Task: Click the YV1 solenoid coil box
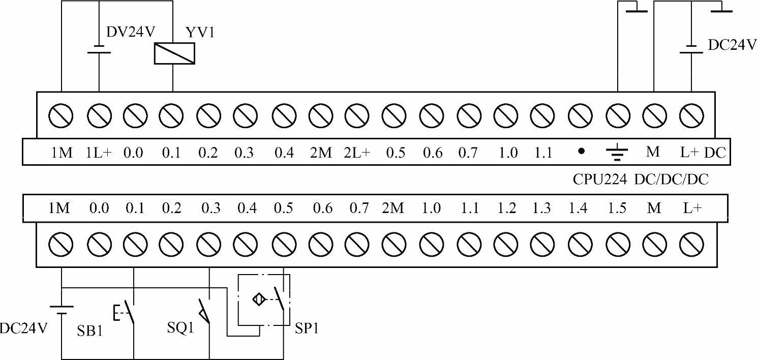click(174, 53)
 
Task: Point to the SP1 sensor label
click(307, 328)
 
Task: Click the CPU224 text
click(599, 179)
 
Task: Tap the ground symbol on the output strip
click(617, 152)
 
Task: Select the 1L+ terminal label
click(99, 152)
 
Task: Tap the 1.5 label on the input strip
click(617, 208)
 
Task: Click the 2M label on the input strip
click(392, 208)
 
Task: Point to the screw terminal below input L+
click(690, 247)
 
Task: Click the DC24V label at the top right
click(732, 45)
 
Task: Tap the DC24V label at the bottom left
click(23, 328)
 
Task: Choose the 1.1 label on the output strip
click(543, 152)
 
